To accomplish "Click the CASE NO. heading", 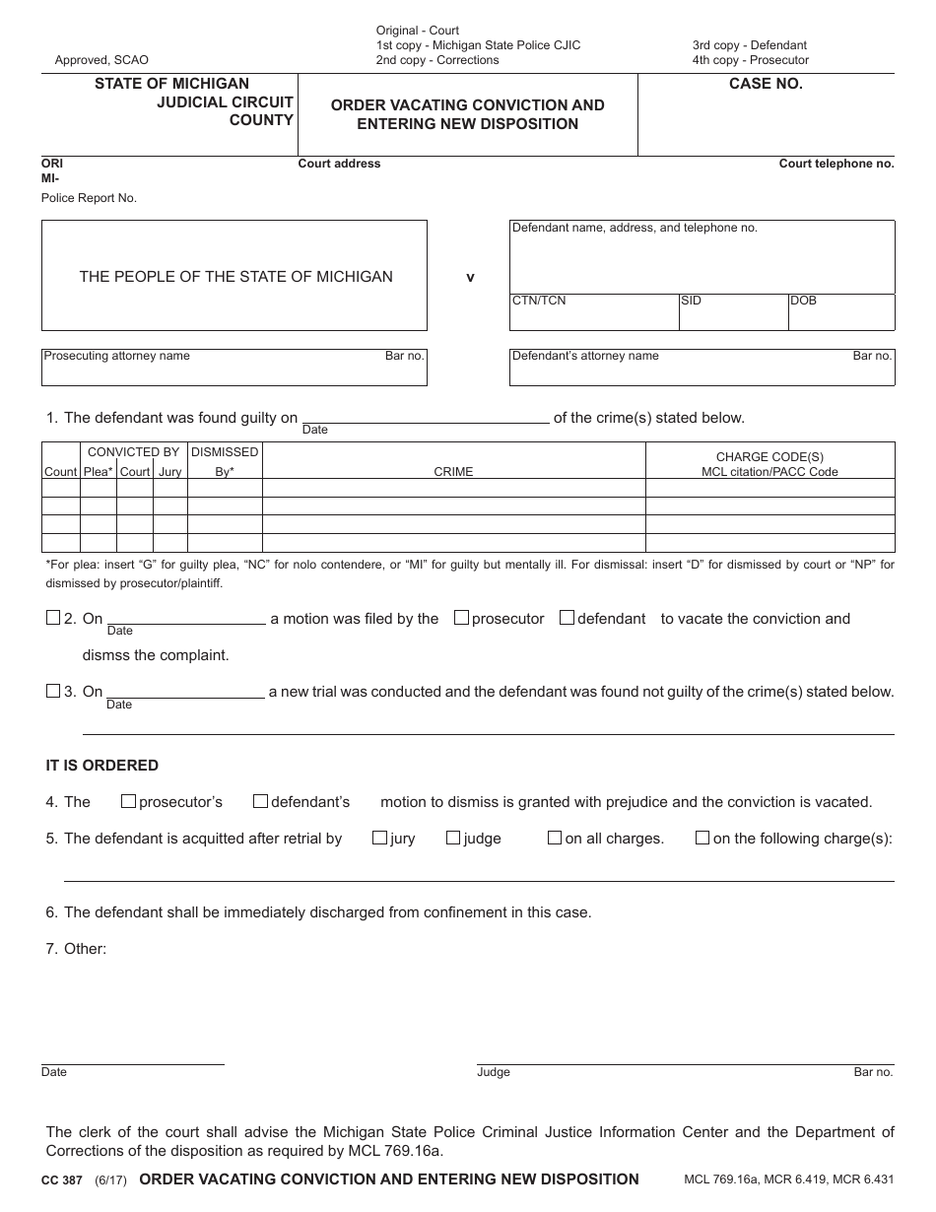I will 766,84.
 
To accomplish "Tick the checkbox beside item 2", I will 53,618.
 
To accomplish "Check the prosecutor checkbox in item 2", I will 461,618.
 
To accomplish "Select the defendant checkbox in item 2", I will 567,618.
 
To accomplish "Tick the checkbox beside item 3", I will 53,691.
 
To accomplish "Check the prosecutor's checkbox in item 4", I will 128,801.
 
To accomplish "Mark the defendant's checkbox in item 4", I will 260,801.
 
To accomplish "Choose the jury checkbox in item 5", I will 379,838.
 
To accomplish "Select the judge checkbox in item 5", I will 453,838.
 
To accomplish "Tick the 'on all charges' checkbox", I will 555,838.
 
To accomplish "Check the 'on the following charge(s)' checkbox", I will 702,838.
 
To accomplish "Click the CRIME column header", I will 453,472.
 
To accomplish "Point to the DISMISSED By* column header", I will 225,461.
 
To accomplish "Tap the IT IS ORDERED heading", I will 102,766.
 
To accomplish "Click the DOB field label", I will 803,301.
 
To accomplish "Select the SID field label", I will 691,301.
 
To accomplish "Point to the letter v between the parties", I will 470,278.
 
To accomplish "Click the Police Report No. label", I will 89,198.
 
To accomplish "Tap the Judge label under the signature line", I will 494,1072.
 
